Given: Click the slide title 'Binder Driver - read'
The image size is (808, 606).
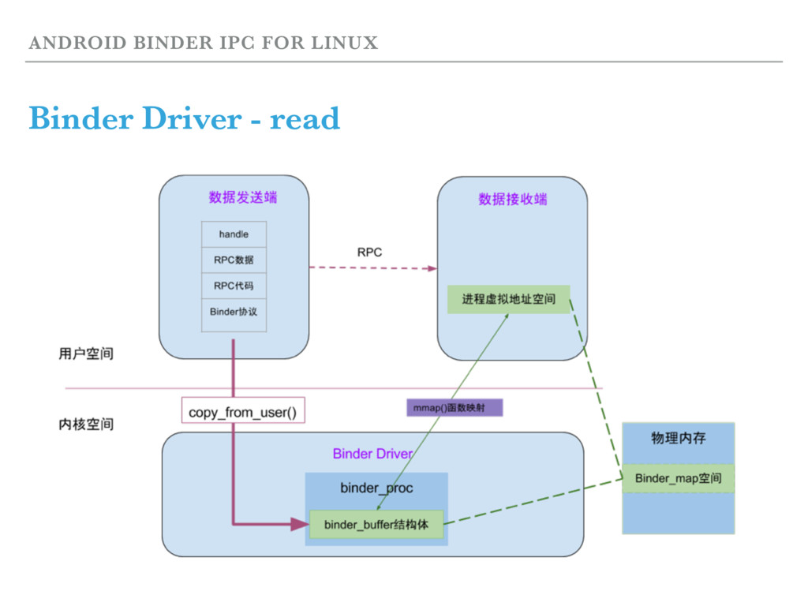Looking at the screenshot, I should click(x=184, y=119).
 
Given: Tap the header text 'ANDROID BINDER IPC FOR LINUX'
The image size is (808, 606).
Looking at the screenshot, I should click(x=203, y=43).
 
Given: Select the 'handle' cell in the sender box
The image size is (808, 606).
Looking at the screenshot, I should click(x=234, y=234).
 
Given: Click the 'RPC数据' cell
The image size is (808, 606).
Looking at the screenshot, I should click(x=234, y=260).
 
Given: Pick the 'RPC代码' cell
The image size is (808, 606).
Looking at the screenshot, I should click(x=234, y=286).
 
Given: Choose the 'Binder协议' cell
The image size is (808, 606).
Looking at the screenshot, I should click(x=234, y=312).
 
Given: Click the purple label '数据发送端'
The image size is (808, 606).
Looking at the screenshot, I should click(x=242, y=197).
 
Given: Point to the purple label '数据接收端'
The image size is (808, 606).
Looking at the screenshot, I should click(x=512, y=200).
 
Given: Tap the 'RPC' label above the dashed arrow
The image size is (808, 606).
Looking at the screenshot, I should click(x=369, y=252).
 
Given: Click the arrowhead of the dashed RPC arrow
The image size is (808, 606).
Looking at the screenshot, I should click(x=432, y=268).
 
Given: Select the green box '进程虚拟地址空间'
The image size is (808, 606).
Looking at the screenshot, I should click(x=508, y=299).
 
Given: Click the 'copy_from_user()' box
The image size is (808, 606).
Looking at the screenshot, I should click(x=242, y=412).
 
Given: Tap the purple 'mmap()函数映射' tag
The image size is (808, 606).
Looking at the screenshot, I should click(x=454, y=408).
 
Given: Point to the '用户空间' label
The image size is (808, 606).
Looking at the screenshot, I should click(x=86, y=353).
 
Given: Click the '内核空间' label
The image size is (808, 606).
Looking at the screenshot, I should click(x=86, y=425).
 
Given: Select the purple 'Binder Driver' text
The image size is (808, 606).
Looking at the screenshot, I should click(x=372, y=454).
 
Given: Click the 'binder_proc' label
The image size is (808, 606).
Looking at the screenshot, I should click(x=376, y=488).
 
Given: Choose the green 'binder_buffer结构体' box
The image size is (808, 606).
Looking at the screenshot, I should click(x=376, y=525).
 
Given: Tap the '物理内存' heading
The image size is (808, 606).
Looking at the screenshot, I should click(x=678, y=438).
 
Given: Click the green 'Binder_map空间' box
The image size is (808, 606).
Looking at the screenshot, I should click(x=678, y=478).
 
